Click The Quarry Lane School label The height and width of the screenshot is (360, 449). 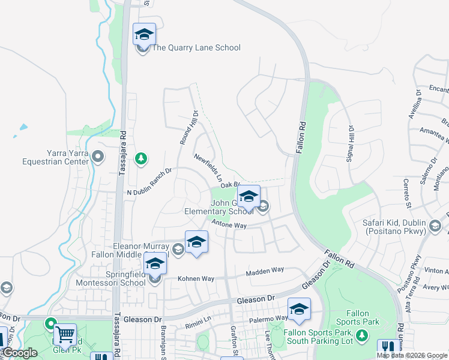pos(196,48)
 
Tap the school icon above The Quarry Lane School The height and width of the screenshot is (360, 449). pos(144,34)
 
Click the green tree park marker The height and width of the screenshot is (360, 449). pos(141,158)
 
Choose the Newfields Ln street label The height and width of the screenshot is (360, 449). pos(208,168)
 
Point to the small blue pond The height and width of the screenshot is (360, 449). pos(23,127)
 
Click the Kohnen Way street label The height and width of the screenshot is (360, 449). pos(196,279)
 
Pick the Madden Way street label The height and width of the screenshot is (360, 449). pos(265,271)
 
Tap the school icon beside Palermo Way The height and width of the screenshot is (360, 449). pos(299,309)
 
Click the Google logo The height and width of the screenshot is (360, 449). pos(20,353)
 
